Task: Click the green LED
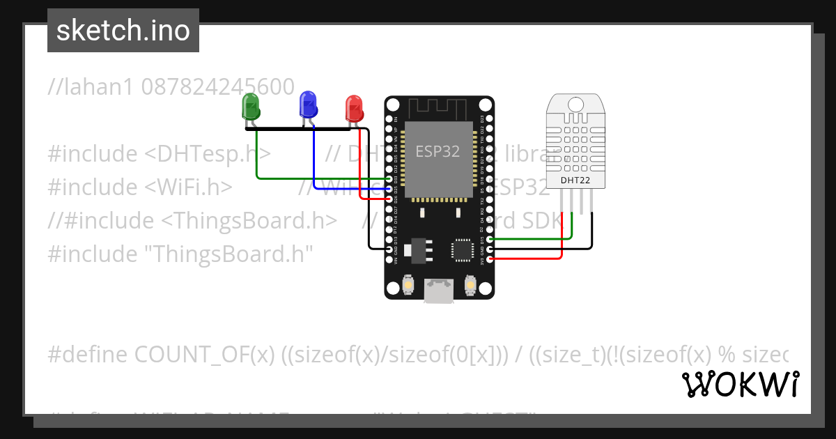250,106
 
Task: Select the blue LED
307,104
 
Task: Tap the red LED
355,108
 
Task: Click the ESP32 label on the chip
438,151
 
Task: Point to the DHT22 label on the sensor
575,180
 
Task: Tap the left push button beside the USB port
409,284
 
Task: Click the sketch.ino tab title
123,31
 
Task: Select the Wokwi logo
740,384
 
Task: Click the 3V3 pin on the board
490,259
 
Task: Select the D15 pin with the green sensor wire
490,240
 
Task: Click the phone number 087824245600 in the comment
217,87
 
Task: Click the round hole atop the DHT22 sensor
575,104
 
